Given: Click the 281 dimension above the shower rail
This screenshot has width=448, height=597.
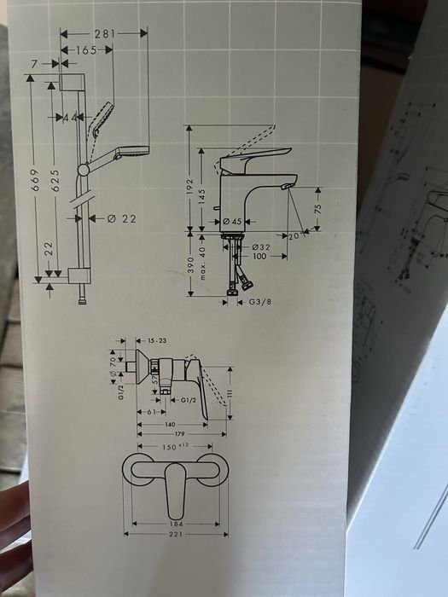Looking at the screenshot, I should click(x=104, y=33).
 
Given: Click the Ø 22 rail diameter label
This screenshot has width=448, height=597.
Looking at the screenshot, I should click(x=124, y=218).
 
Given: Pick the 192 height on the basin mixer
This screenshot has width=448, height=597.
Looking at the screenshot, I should click(x=189, y=188).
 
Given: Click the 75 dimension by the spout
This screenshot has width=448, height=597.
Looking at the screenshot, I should click(x=317, y=209).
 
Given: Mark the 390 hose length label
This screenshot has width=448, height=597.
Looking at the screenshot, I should click(x=189, y=265).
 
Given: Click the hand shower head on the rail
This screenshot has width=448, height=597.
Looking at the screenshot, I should click(x=102, y=119).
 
